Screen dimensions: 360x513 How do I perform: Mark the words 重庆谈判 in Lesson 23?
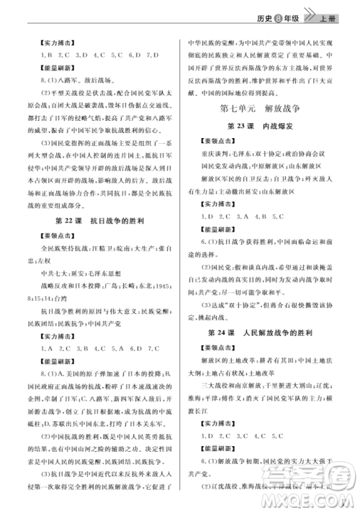coord(216,155)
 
